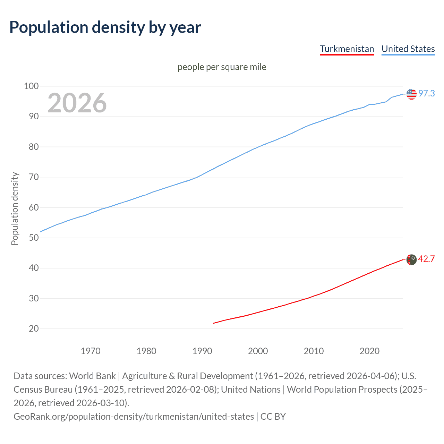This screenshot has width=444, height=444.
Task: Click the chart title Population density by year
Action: (105, 27)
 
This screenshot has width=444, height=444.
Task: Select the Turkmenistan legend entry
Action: (347, 49)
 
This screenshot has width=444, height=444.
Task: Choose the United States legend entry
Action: (408, 49)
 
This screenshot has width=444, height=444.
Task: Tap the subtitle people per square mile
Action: (222, 67)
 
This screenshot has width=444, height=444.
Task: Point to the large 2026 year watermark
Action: (77, 103)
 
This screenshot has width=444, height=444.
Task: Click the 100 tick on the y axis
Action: (31, 86)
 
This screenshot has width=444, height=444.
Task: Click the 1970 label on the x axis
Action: (91, 351)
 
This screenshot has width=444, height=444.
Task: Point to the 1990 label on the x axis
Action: (202, 351)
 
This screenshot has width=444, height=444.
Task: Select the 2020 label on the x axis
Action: (369, 351)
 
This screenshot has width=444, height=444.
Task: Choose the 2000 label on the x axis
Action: (258, 351)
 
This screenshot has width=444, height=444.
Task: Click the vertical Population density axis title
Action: (15, 209)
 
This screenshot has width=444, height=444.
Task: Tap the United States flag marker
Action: (411, 94)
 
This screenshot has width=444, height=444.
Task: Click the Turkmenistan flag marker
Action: (411, 259)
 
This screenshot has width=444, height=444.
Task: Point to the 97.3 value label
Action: (426, 93)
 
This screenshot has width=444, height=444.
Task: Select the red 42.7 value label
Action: (426, 259)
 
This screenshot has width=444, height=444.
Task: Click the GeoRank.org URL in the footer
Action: (134, 416)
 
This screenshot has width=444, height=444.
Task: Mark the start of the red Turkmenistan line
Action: (213, 323)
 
